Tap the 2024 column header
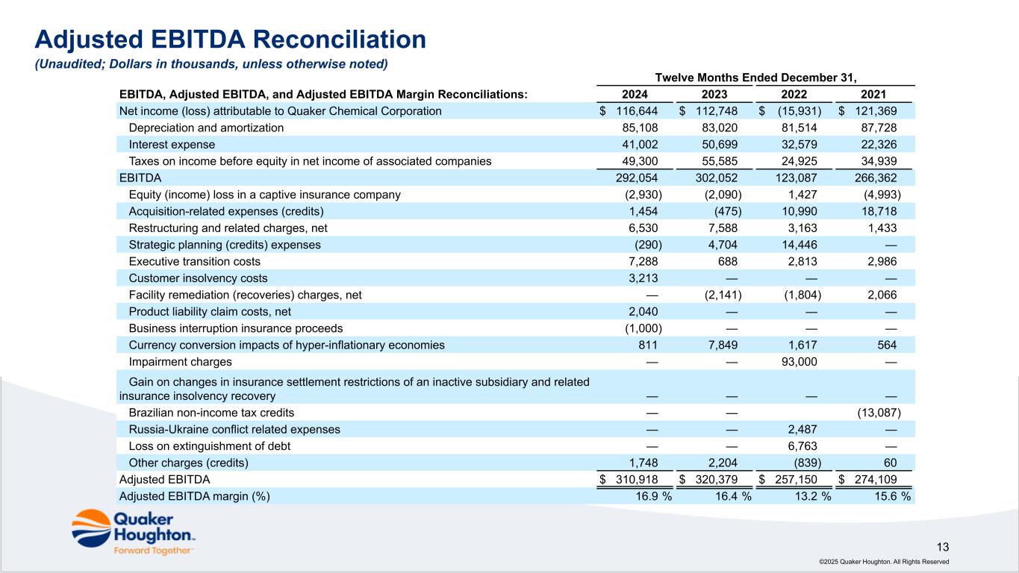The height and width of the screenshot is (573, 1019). [635, 95]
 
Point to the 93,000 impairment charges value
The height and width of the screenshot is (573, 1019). [797, 362]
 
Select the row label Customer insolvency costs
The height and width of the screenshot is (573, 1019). [198, 278]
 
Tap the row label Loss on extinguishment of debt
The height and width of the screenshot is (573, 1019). [210, 446]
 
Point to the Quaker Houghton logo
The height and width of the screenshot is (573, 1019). [133, 531]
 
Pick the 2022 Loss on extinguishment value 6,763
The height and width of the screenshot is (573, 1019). [802, 446]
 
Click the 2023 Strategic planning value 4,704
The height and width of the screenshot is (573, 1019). [722, 245]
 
